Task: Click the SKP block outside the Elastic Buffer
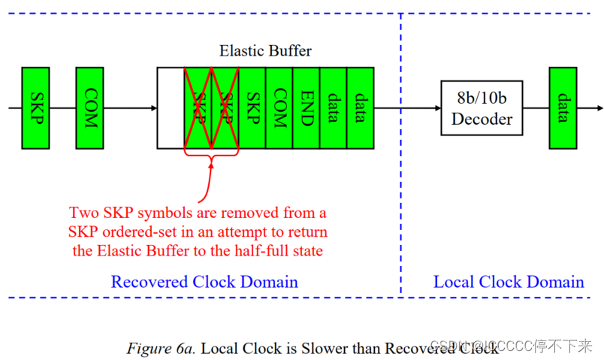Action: [35, 107]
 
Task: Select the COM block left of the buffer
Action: [89, 107]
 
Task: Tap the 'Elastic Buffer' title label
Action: [265, 51]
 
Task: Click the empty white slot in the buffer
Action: [171, 107]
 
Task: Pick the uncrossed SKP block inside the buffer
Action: [252, 107]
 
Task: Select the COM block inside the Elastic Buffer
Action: [279, 107]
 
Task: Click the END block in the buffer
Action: [307, 107]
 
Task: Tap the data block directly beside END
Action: [334, 107]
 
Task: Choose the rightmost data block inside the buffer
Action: [360, 107]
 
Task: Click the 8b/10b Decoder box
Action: [482, 107]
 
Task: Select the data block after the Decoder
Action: [562, 107]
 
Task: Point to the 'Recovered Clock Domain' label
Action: [204, 282]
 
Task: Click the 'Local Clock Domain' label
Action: [509, 282]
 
